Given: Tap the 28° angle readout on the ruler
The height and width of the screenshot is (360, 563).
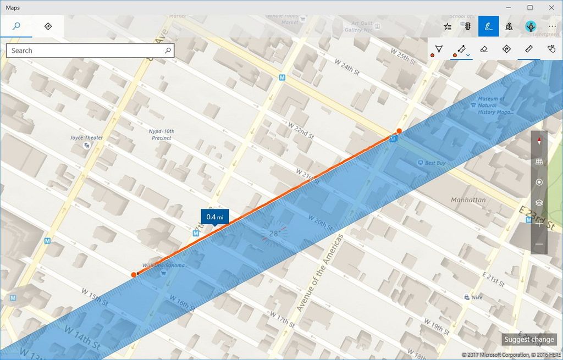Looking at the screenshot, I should click(x=274, y=234).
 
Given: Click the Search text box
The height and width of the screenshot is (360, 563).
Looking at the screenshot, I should click(x=88, y=51).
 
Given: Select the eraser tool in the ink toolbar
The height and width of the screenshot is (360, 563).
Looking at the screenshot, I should click(x=483, y=49).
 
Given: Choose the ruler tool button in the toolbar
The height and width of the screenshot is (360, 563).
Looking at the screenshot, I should click(x=529, y=49).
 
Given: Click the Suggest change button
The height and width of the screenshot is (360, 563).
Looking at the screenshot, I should click(x=528, y=339).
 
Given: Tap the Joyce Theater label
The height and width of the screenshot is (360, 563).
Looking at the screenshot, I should click(x=86, y=138).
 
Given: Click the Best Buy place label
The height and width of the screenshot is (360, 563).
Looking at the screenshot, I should click(x=434, y=163).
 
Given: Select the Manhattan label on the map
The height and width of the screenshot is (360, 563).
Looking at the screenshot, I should click(x=468, y=200).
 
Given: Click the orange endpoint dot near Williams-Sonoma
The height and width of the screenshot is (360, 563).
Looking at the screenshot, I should click(x=134, y=274).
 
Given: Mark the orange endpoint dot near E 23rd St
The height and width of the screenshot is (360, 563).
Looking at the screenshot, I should click(x=399, y=131).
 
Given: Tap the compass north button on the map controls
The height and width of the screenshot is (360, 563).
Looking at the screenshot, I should click(x=539, y=141).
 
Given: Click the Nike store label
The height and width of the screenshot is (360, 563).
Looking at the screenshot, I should click(x=477, y=297).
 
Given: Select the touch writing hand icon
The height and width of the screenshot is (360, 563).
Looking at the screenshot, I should click(x=551, y=49).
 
